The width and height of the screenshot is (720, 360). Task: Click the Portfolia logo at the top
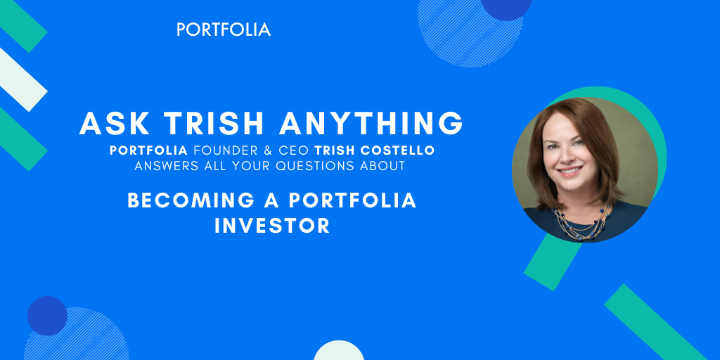pyautogui.click(x=224, y=30)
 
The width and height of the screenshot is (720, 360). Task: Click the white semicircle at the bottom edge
pyautogui.click(x=338, y=352)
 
